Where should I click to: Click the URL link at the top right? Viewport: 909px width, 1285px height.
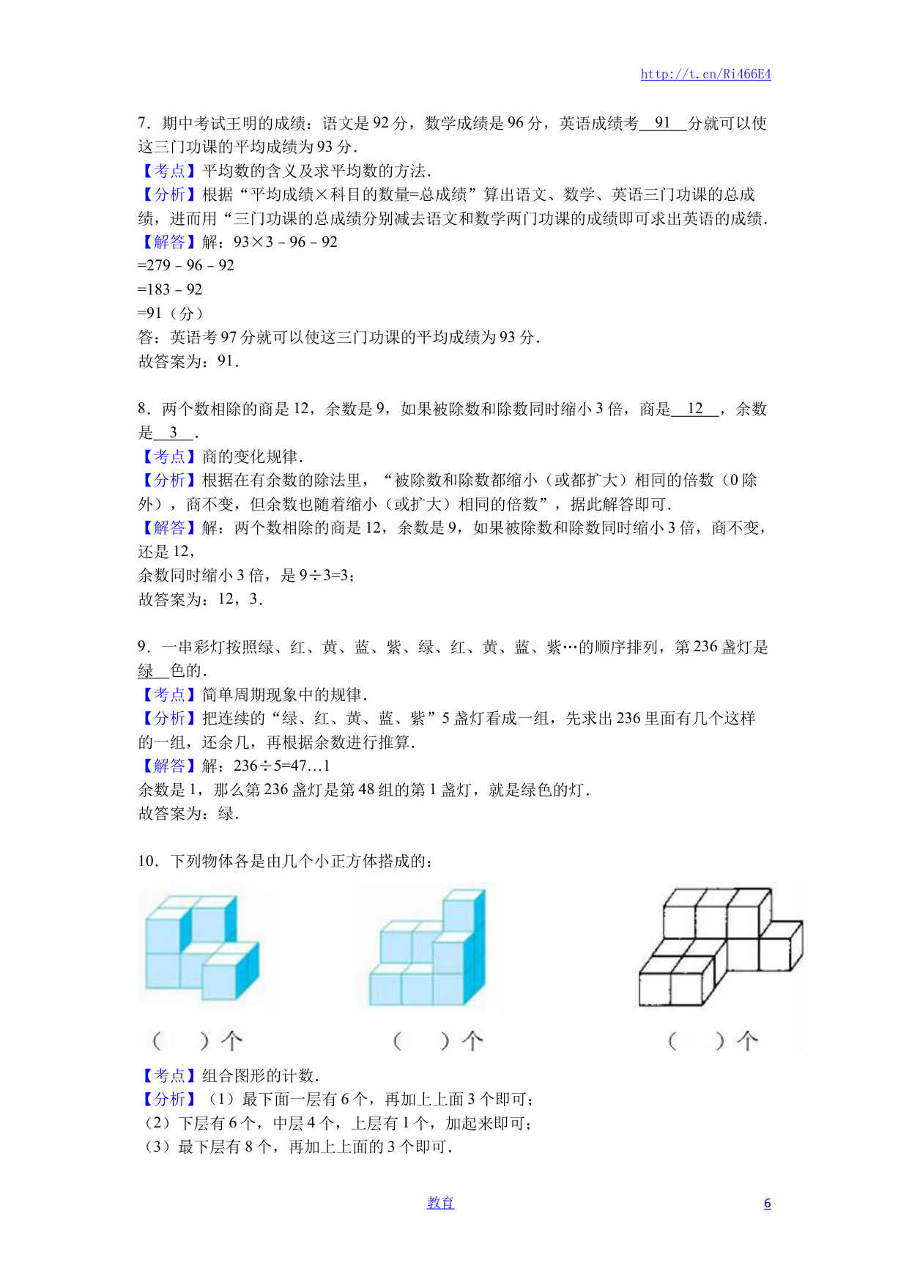(x=705, y=74)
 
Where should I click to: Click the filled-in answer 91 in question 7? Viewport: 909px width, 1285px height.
(x=663, y=123)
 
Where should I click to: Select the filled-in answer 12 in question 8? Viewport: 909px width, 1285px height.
(x=695, y=409)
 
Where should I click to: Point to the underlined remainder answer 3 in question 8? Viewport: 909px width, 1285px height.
(x=174, y=433)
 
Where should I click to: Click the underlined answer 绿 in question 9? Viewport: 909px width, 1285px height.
(x=146, y=671)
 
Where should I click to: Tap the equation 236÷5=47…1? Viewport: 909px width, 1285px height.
(x=282, y=766)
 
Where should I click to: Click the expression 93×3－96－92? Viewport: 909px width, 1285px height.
(x=286, y=242)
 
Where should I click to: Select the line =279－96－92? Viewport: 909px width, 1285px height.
(x=186, y=266)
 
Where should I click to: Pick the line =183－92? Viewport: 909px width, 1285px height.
(x=170, y=290)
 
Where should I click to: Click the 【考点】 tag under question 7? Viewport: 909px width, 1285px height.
(x=169, y=171)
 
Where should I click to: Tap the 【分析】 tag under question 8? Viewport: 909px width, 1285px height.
(x=169, y=481)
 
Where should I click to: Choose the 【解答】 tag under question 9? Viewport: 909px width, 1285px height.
(x=169, y=766)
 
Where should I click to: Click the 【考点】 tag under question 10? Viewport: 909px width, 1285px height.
(x=169, y=1076)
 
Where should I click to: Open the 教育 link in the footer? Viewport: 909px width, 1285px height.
(x=440, y=1203)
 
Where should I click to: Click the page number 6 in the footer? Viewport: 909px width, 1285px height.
(x=767, y=1203)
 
